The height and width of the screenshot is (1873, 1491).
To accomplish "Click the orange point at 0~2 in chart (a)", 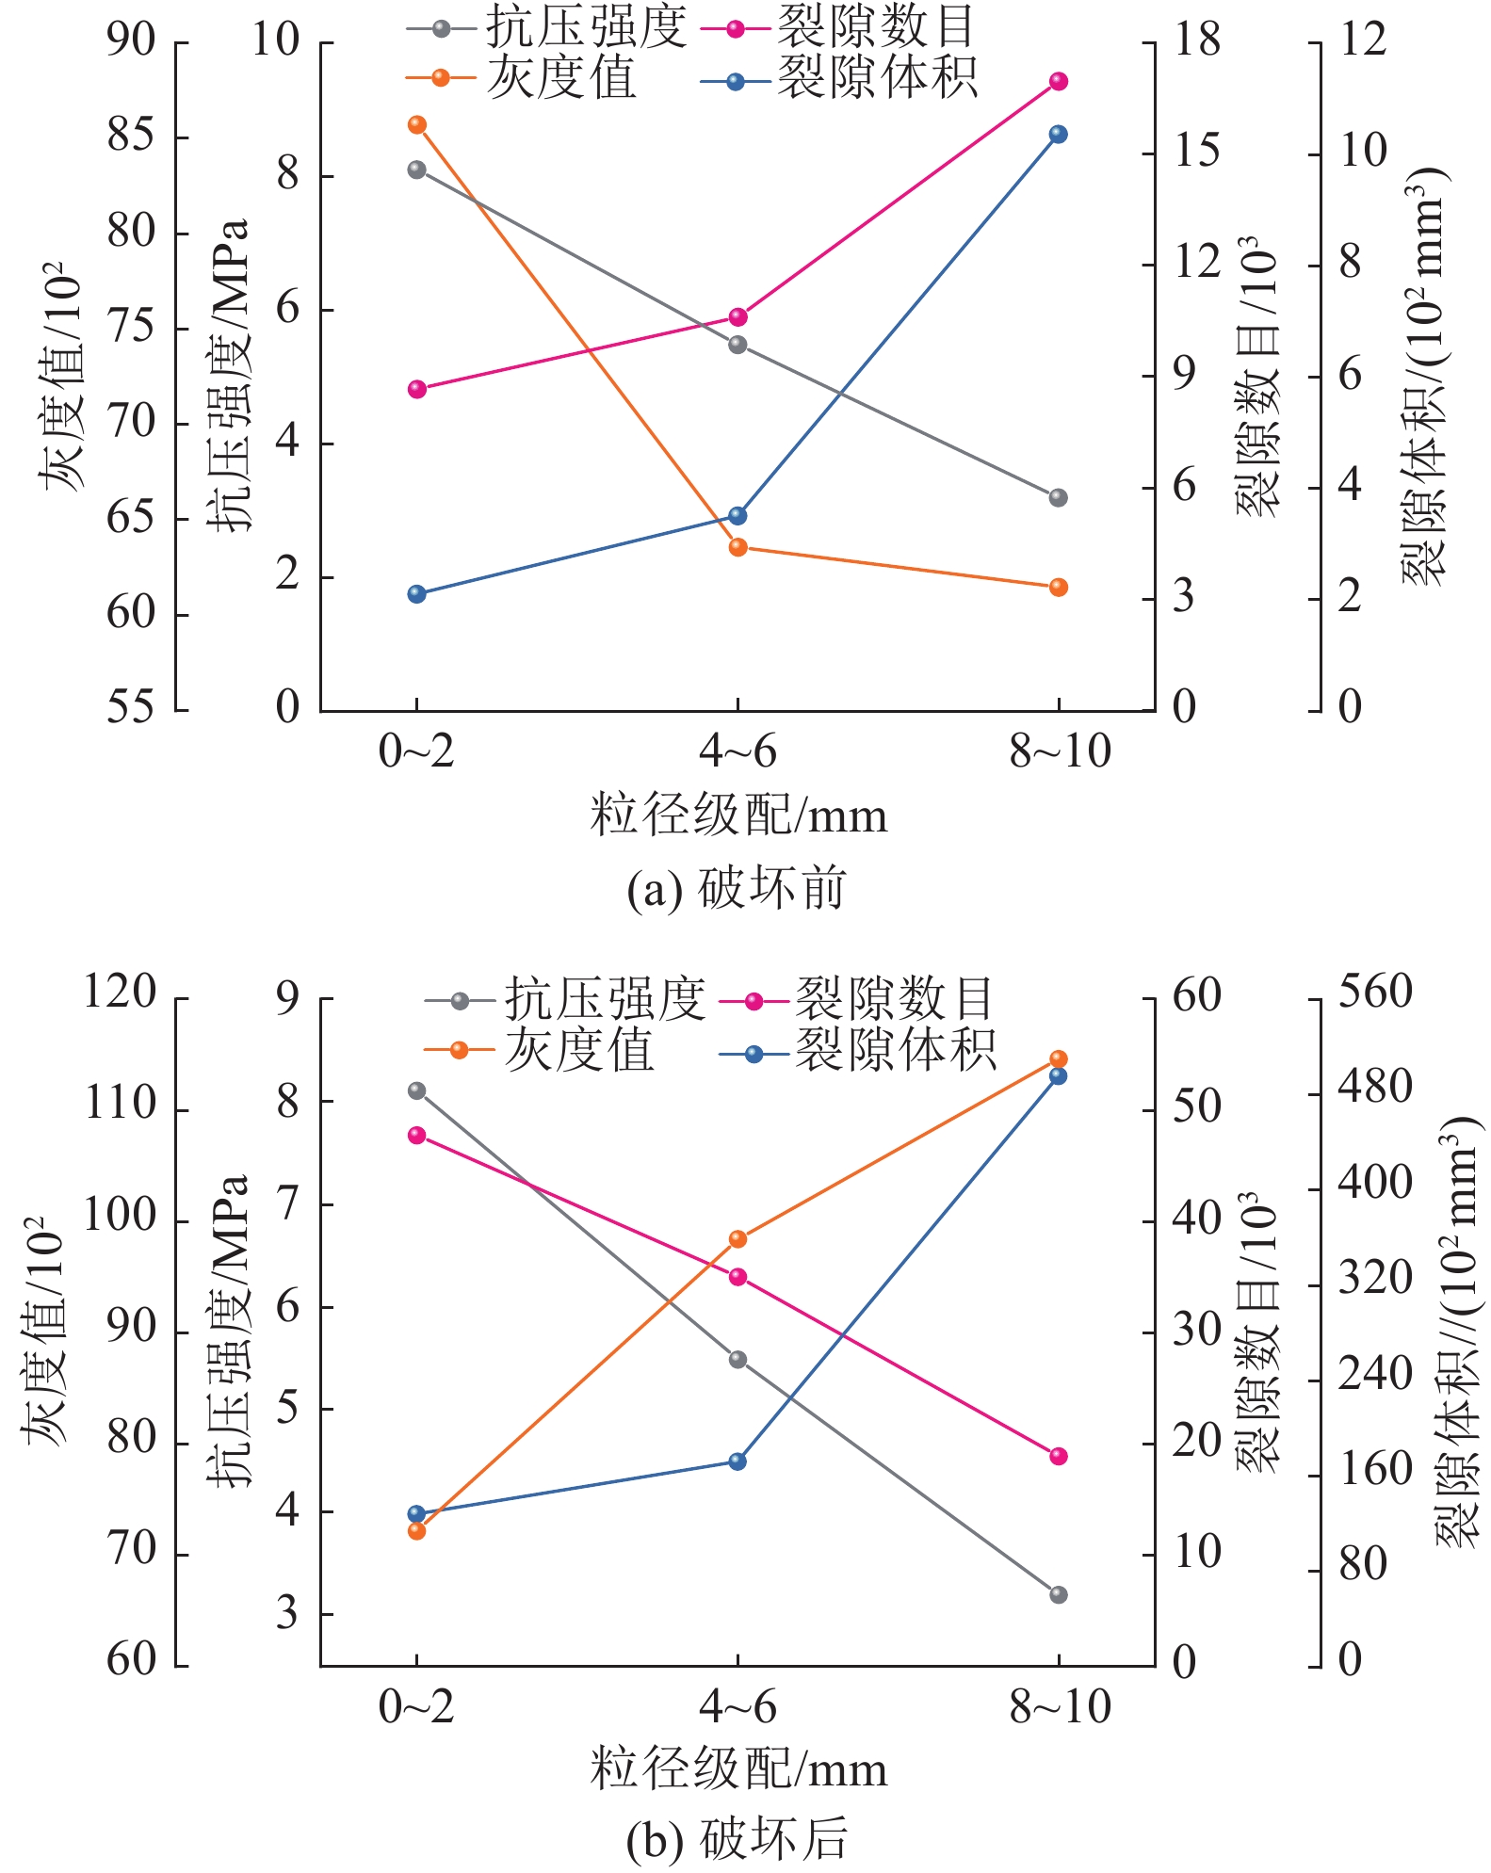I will tap(417, 125).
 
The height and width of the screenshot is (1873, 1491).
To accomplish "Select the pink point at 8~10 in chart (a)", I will tap(1058, 82).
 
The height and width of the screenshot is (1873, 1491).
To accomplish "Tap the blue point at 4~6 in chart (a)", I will tap(737, 516).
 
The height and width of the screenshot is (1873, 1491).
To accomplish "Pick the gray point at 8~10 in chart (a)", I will tap(1058, 497).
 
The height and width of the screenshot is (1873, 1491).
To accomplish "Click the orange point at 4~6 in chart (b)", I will tap(737, 1239).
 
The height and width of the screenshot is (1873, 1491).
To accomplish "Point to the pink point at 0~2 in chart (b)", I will tap(417, 1136).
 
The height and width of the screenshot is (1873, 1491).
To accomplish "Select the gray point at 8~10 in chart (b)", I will tap(1058, 1594).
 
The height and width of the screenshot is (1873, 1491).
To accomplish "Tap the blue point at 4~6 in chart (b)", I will tap(737, 1461).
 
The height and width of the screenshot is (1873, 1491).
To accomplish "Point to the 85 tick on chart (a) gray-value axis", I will tap(131, 137).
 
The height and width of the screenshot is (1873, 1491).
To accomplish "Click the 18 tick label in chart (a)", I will tap(1196, 40).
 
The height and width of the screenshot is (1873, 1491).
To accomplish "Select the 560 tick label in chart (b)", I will tap(1375, 993).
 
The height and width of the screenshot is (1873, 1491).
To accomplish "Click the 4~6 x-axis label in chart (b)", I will tap(737, 1706).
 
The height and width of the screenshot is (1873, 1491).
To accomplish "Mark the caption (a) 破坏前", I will tap(737, 889).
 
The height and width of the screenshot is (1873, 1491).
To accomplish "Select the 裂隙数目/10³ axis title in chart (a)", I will tap(1258, 377).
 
